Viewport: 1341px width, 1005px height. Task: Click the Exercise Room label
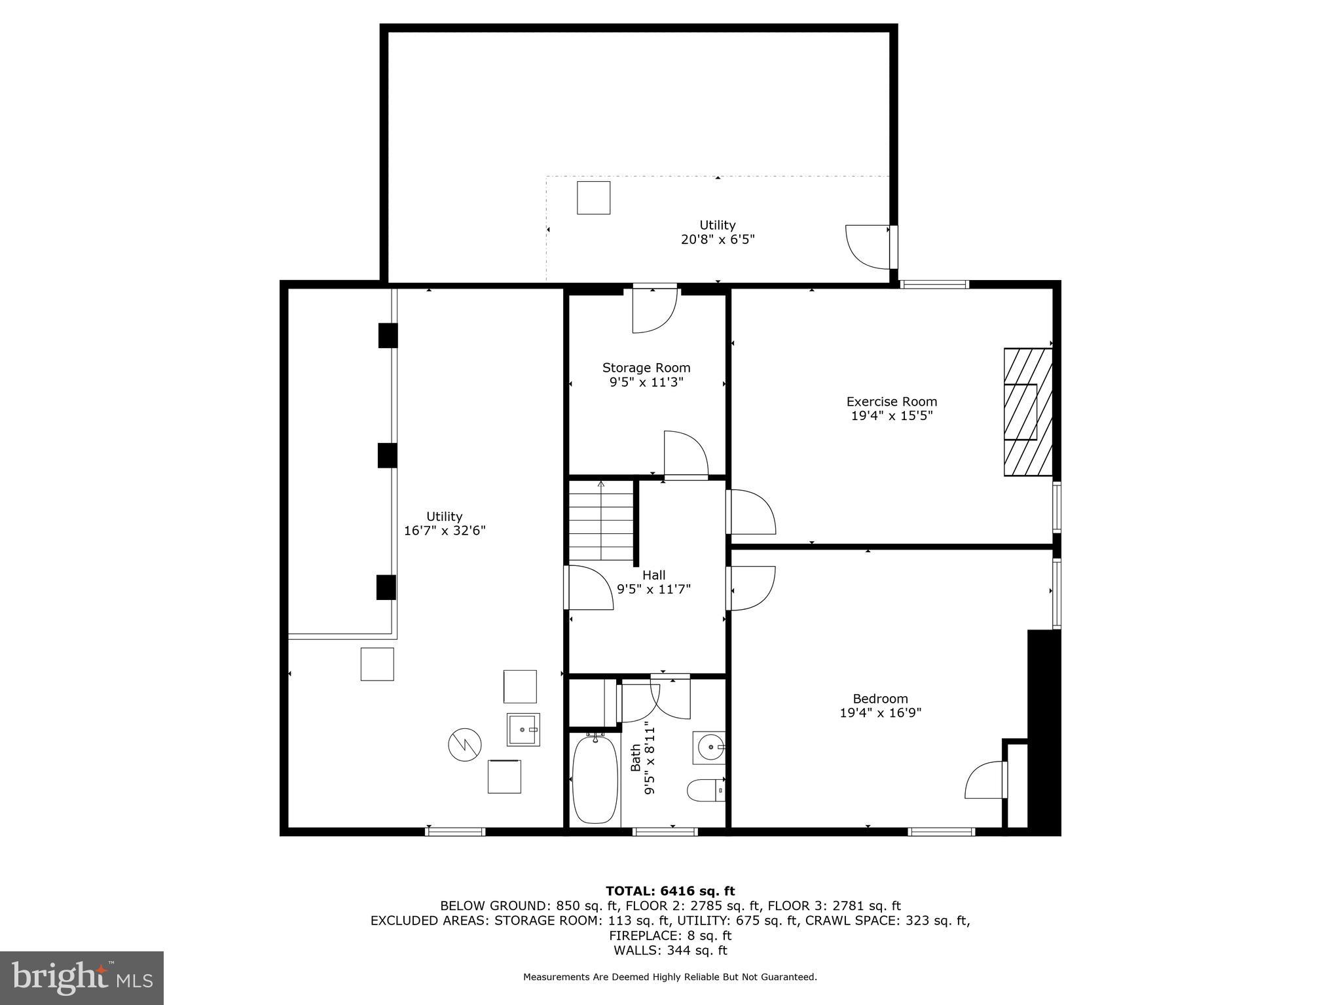tap(891, 401)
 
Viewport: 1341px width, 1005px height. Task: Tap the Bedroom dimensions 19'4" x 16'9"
tap(880, 713)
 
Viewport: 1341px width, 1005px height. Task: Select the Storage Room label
tap(646, 368)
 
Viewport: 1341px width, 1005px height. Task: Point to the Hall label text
tap(653, 575)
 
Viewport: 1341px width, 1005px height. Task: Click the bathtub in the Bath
tap(595, 779)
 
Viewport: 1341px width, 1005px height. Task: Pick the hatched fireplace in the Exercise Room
tap(1027, 412)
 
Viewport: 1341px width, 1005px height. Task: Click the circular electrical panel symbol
tap(465, 744)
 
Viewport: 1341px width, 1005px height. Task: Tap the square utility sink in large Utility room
tap(523, 730)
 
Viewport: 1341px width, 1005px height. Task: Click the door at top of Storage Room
tap(653, 309)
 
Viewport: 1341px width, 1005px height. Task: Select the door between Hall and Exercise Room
tap(751, 512)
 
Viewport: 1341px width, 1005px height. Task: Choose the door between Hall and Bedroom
tap(751, 588)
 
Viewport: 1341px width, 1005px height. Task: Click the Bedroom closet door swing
tap(986, 779)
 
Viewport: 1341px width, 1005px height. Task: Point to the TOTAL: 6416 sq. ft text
tap(670, 890)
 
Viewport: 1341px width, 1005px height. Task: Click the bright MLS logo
tap(82, 978)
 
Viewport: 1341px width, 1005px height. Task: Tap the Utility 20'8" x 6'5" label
tap(718, 232)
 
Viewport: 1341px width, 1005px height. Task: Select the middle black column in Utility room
tap(387, 455)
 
